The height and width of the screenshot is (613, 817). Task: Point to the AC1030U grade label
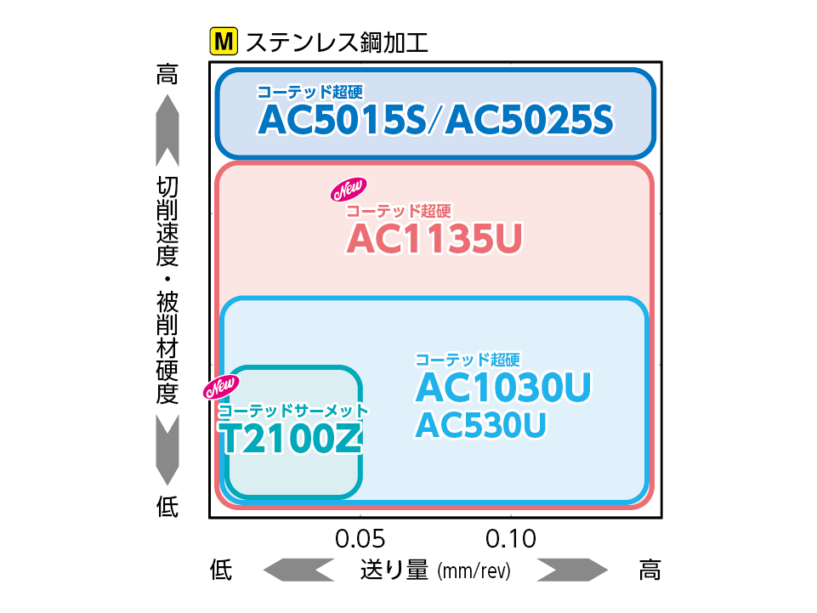click(502, 389)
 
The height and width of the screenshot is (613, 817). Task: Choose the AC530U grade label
click(480, 425)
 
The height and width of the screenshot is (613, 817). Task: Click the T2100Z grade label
click(292, 437)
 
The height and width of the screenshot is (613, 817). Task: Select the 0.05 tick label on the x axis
click(360, 539)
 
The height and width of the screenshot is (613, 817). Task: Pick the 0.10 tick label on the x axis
click(511, 539)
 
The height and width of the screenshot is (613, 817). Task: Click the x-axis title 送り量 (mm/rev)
click(434, 570)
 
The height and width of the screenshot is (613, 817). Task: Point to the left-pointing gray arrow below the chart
click(298, 570)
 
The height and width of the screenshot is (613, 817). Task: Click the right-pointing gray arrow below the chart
click(572, 570)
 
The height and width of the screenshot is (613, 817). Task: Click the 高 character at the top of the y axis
click(167, 75)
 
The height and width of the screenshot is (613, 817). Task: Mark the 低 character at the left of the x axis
click(221, 570)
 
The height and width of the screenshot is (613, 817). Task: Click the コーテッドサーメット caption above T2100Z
click(292, 410)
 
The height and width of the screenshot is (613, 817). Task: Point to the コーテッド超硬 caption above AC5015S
click(304, 93)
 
